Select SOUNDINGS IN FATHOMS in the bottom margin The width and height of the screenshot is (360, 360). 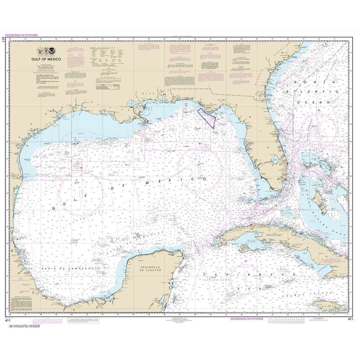pyautogui.click(x=247, y=319)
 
